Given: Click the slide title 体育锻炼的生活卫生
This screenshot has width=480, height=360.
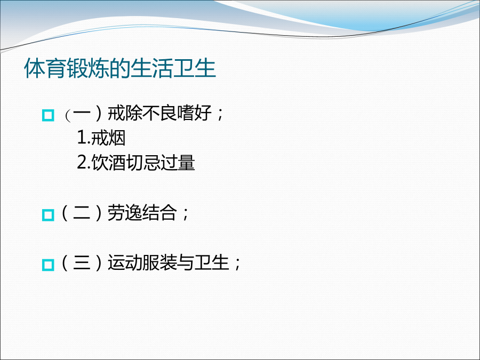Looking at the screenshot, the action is [x=120, y=68].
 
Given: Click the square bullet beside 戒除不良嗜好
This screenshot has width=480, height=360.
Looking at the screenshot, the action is [x=48, y=115].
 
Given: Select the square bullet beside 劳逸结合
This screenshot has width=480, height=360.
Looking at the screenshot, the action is [x=48, y=215].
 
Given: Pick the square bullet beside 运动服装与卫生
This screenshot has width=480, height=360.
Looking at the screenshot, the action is [x=48, y=265].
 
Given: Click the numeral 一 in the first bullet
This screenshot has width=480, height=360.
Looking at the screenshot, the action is [x=82, y=114].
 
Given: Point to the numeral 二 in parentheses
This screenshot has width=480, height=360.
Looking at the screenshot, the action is [x=82, y=213].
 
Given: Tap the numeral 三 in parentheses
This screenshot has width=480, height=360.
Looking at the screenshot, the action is [x=82, y=262].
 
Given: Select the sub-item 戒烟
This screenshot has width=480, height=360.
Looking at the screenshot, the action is [x=108, y=138].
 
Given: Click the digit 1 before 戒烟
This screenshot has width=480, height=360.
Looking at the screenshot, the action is [x=82, y=138].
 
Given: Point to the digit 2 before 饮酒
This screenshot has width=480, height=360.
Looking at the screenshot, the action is [x=82, y=163].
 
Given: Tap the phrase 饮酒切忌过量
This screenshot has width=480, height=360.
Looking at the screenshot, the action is [x=143, y=163].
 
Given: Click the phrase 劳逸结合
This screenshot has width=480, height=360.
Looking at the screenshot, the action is [x=142, y=213].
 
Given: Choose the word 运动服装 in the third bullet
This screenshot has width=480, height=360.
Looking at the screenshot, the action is [x=142, y=262].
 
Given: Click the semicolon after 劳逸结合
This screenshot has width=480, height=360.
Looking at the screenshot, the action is [x=185, y=214].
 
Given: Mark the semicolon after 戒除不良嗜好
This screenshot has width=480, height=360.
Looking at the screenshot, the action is [x=220, y=115].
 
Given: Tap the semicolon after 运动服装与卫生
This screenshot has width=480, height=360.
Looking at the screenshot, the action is [x=237, y=264].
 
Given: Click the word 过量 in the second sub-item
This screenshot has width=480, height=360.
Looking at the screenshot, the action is [x=178, y=163].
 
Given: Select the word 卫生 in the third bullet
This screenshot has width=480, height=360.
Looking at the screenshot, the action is [x=212, y=262].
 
